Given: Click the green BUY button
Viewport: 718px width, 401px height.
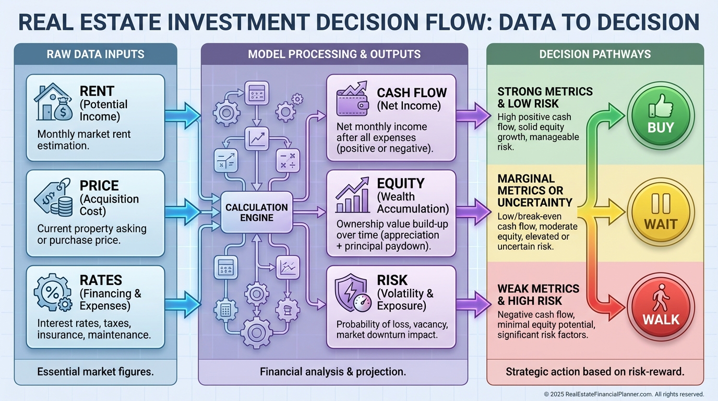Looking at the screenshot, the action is click(661, 116).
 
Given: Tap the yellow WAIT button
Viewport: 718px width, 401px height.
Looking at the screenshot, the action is click(661, 212).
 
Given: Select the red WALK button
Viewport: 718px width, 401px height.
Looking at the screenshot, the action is click(661, 307).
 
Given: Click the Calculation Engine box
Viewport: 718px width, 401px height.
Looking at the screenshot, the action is click(257, 213).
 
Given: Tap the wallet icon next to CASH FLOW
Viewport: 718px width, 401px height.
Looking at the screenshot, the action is click(352, 99).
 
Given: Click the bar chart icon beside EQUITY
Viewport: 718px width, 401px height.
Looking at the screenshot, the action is click(352, 195).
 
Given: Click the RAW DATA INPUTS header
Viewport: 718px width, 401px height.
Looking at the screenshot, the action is click(95, 54).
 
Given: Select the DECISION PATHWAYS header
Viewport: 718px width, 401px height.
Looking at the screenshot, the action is click(595, 54).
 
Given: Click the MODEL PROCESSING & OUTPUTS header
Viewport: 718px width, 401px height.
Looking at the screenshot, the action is click(334, 54).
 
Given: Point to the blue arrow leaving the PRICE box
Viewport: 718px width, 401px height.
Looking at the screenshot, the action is click(183, 212).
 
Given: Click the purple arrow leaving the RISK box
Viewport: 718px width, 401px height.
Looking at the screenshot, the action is click(473, 305).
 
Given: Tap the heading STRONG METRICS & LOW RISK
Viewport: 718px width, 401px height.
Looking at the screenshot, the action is click(545, 98).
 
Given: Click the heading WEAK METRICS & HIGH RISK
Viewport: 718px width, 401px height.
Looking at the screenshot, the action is click(538, 294).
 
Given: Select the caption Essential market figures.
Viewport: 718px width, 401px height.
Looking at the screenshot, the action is click(95, 372).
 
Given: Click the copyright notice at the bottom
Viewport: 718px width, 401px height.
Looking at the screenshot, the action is click(624, 394).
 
